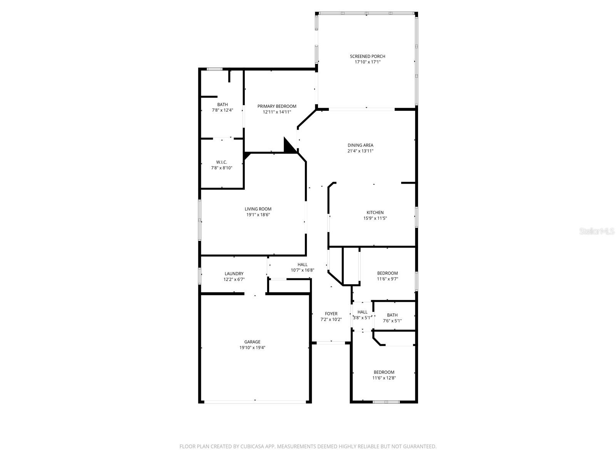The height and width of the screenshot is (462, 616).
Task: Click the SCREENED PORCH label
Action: point(367,56)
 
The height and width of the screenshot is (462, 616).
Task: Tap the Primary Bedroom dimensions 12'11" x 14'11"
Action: point(277,112)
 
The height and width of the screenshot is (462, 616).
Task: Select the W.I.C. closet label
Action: point(221,162)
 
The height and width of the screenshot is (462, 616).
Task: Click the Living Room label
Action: point(258,209)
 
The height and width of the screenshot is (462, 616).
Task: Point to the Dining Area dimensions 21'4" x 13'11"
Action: point(360,151)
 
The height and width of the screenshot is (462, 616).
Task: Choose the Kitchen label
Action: point(375,213)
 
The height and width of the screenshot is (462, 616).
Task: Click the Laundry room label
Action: point(234,274)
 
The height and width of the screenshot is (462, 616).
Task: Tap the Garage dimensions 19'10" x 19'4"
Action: point(252,347)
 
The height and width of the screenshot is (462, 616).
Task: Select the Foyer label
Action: point(331,314)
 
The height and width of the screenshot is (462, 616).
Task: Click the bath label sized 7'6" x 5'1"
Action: point(392,315)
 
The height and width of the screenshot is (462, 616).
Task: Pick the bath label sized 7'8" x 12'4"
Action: point(222,104)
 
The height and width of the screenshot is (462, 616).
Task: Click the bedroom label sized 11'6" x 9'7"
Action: point(387,273)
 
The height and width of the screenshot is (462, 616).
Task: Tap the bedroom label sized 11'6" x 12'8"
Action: point(384,372)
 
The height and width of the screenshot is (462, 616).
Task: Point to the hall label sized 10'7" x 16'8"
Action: point(302,264)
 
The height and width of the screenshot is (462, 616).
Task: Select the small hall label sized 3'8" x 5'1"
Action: point(362,312)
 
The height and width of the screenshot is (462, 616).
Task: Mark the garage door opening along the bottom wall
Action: point(255,402)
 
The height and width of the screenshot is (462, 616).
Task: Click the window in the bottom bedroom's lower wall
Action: point(386,402)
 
